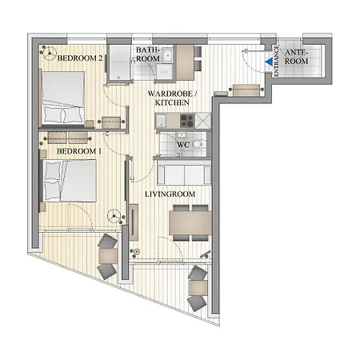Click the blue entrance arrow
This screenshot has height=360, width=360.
click(270, 62)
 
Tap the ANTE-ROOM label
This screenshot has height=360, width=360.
click(297, 57)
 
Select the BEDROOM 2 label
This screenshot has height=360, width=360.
click(80, 58)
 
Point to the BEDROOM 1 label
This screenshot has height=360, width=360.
click(79, 151)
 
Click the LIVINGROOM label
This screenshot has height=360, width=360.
click(170, 194)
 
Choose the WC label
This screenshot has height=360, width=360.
click(183, 145)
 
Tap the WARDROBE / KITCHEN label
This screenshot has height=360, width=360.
click(172, 98)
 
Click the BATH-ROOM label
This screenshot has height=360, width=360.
click(148, 54)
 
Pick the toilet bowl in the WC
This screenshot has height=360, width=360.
click(198, 144)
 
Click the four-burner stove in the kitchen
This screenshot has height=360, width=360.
click(187, 121)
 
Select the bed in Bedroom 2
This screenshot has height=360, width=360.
click(63, 98)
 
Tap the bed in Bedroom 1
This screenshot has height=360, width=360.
click(68, 181)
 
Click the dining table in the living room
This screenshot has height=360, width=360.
click(190, 222)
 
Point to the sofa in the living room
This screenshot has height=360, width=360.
click(184, 173)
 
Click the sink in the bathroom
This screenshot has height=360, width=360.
click(167, 55)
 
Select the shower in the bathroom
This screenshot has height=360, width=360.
click(119, 62)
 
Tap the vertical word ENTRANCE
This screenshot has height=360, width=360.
click(276, 61)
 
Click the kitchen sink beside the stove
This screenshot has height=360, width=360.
click(160, 121)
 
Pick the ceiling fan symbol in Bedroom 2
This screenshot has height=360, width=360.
click(50, 54)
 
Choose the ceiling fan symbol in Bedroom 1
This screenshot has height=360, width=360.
click(114, 215)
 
